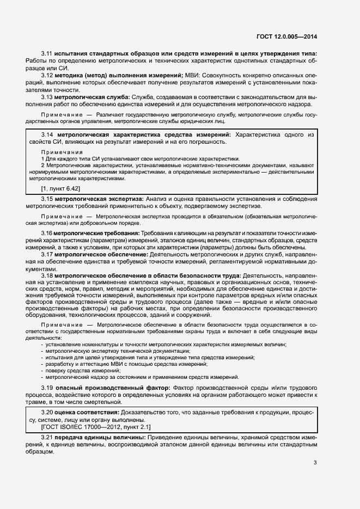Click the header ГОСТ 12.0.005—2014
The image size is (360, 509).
[286, 37]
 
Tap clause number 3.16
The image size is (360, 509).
[46, 233]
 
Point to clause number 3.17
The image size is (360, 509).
[46, 254]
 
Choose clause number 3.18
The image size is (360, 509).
[46, 275]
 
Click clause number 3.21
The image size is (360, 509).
[47, 438]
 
